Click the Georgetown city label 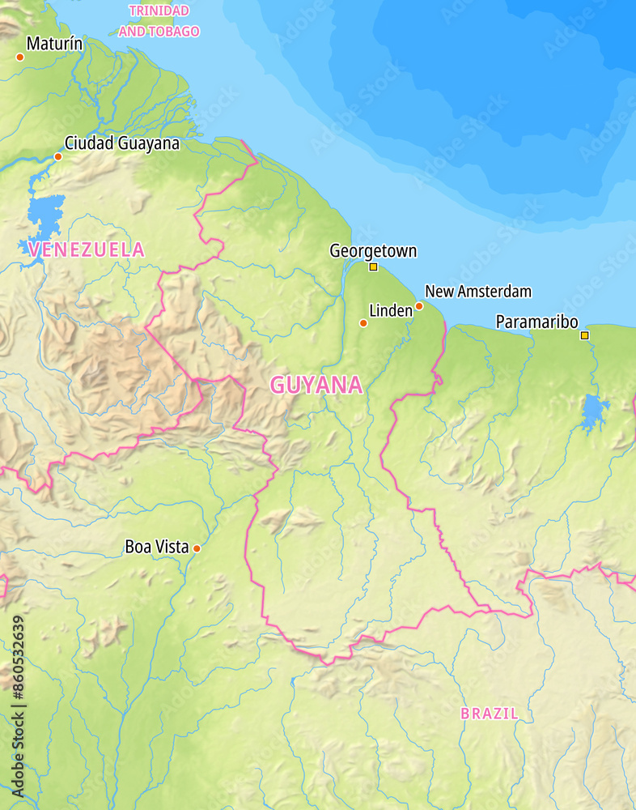coord(373,251)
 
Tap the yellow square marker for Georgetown coord(373,266)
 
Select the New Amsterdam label coord(477,291)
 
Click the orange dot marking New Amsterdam coord(419,306)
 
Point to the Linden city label coord(390,310)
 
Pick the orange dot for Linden coord(363,323)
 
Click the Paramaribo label coord(536,322)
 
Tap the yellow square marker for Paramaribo coord(585,335)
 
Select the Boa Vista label coord(157,547)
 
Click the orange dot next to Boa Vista coord(197,548)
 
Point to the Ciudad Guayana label coord(122,143)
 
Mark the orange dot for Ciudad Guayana coord(58,156)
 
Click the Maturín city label coord(54,44)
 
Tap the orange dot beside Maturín coord(20,57)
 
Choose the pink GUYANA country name coord(316,385)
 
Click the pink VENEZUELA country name coord(86,249)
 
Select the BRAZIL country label coord(490,714)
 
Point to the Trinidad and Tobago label coord(159,21)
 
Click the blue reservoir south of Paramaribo coord(595,412)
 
